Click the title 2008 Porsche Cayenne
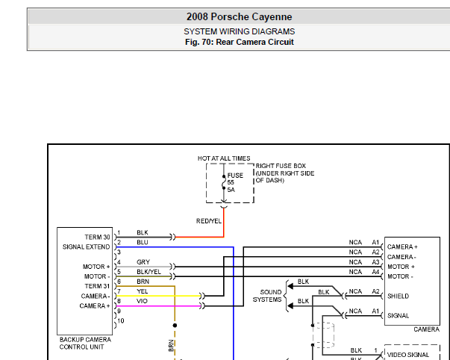(x=239, y=16)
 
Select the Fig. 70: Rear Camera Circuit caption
(x=239, y=42)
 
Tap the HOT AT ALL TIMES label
(x=224, y=158)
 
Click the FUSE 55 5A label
(x=235, y=182)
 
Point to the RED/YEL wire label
(x=209, y=221)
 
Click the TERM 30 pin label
(x=97, y=237)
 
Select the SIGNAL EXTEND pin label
(x=86, y=246)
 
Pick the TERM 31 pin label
(x=97, y=286)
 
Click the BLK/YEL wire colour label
(x=149, y=272)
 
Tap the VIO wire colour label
(x=142, y=301)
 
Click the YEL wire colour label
(x=143, y=291)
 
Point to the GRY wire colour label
(x=143, y=261)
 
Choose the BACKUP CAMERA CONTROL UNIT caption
(x=85, y=343)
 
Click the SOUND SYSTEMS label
(x=267, y=296)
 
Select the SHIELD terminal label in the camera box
(x=398, y=296)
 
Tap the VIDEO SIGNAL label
(x=408, y=355)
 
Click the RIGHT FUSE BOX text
(x=281, y=166)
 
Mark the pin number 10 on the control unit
(x=121, y=320)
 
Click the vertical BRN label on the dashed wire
(x=172, y=346)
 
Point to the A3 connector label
(x=375, y=262)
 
